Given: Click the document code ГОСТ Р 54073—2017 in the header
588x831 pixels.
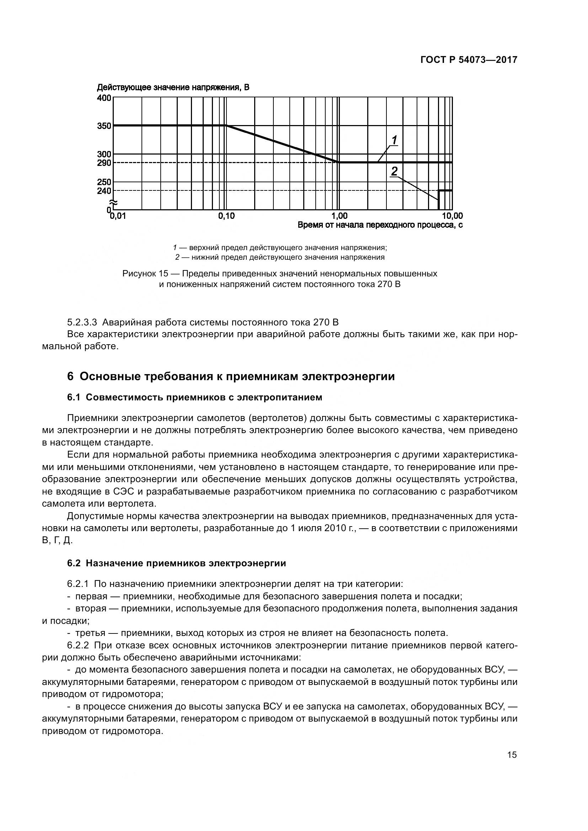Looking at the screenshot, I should pyautogui.click(x=469, y=60).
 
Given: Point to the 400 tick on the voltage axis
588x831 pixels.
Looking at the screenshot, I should pyautogui.click(x=104, y=98).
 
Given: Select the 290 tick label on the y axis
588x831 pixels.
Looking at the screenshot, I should pyautogui.click(x=104, y=163).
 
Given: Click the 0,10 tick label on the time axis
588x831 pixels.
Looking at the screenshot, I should pyautogui.click(x=226, y=216).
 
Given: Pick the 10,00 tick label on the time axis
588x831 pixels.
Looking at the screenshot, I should pyautogui.click(x=452, y=216).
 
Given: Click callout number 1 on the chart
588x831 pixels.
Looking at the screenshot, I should pyautogui.click(x=394, y=139).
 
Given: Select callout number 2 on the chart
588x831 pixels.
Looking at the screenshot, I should pyautogui.click(x=394, y=171).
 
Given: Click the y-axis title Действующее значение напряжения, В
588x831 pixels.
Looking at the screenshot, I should pyautogui.click(x=173, y=88).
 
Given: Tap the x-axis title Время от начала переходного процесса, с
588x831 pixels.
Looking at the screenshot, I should pyautogui.click(x=380, y=225).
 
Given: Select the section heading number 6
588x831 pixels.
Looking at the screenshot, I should pyautogui.click(x=70, y=377).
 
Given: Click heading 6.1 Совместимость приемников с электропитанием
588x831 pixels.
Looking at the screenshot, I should pyautogui.click(x=194, y=398).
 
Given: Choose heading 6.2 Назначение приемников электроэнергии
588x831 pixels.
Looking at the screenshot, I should pyautogui.click(x=176, y=563).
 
